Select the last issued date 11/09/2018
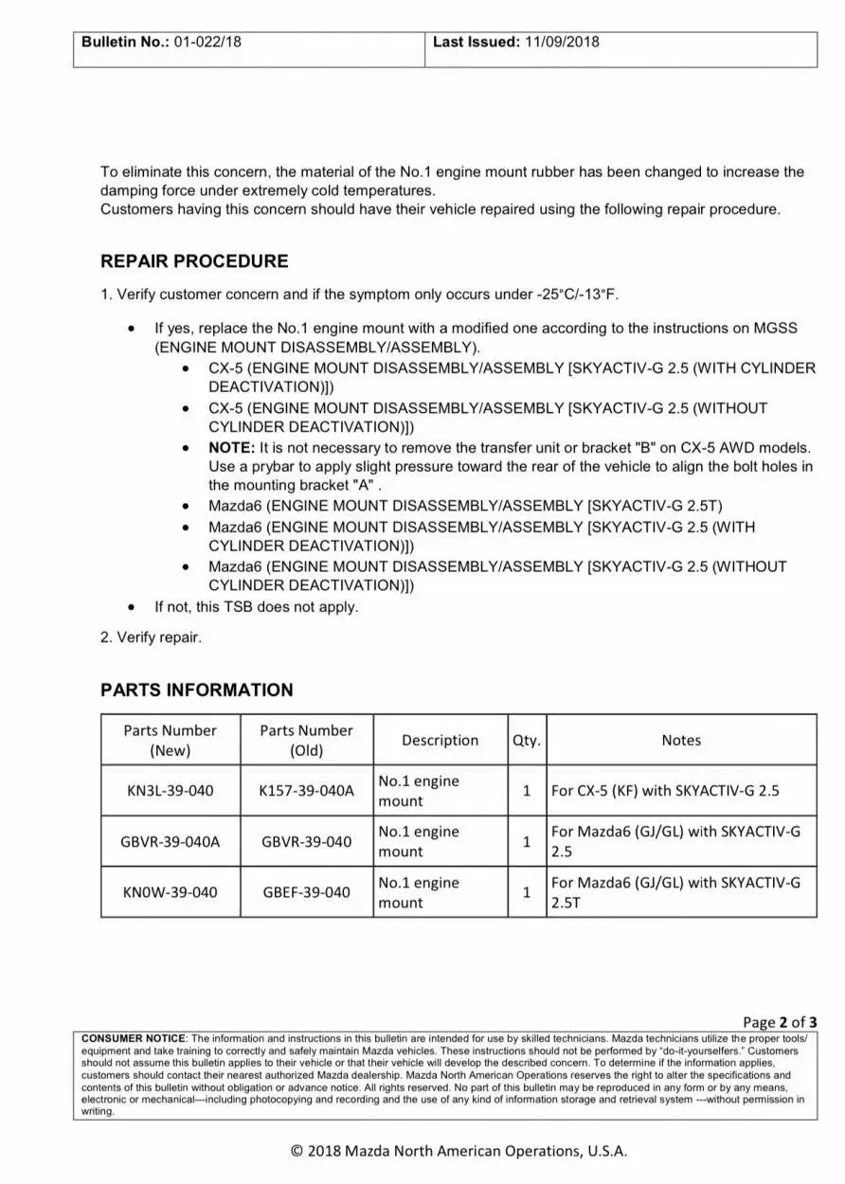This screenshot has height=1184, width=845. (x=562, y=42)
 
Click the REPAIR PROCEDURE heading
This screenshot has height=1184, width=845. (x=194, y=261)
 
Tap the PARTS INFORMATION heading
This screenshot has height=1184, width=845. (x=197, y=690)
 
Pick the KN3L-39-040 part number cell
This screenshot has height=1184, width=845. (x=171, y=791)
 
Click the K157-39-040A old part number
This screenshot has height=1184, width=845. (x=306, y=791)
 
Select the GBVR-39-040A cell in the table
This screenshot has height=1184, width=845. (x=171, y=841)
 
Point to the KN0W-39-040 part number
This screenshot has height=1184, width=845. (x=171, y=892)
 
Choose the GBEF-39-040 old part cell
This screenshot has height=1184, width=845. (x=306, y=892)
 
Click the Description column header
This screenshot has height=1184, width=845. (x=440, y=741)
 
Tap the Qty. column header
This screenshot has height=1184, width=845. (x=527, y=741)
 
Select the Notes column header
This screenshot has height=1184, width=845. (x=681, y=741)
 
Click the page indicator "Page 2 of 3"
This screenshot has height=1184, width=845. (x=780, y=1022)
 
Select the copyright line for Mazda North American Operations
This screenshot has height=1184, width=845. (x=458, y=1151)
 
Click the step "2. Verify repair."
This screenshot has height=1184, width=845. (x=151, y=637)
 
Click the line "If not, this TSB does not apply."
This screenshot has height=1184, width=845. (x=257, y=607)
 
